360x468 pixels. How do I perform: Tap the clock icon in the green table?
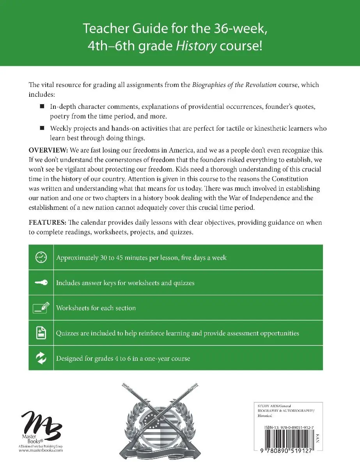tap(41, 257)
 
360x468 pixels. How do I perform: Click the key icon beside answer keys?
tap(41, 283)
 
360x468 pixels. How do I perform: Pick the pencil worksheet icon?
tap(41, 308)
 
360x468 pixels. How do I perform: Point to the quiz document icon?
tap(41, 333)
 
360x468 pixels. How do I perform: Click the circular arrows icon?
tap(41, 358)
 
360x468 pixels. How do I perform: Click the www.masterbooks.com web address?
tap(41, 450)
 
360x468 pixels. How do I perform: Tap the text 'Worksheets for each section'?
tap(96, 308)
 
